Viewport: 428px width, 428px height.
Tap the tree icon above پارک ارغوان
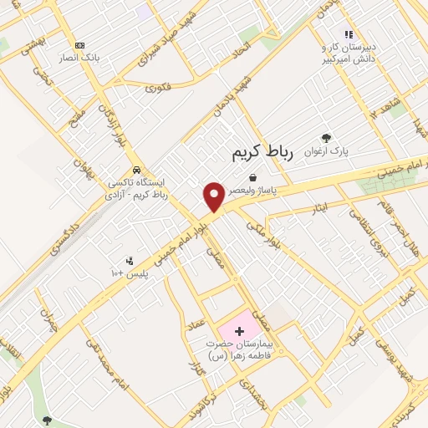(326, 138)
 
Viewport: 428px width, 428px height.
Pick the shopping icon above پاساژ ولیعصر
(252, 176)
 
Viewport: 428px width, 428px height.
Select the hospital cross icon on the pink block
(240, 332)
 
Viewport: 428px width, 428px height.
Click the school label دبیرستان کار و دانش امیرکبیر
(348, 53)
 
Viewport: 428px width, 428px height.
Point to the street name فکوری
(159, 87)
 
